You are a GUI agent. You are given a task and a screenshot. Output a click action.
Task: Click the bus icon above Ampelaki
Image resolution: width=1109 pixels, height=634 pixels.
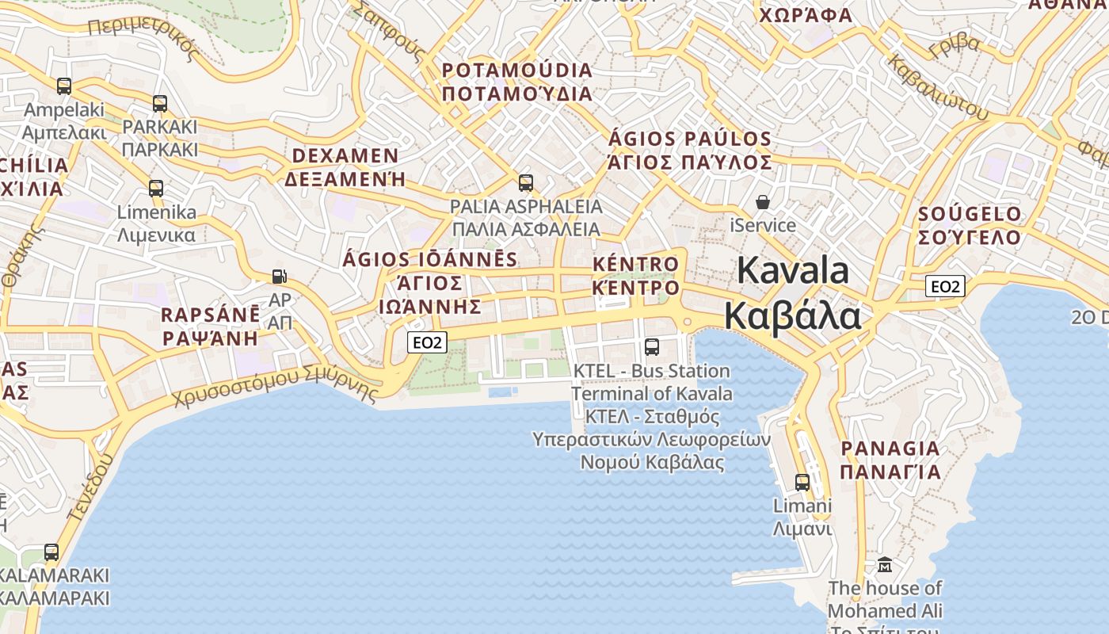(64, 86)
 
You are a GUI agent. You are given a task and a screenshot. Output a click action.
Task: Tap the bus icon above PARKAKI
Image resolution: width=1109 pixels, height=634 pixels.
(160, 104)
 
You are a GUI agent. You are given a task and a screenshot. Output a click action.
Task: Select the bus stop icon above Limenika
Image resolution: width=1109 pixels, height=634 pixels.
(156, 189)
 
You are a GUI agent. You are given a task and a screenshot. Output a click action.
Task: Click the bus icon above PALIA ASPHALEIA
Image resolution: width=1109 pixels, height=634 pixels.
(525, 183)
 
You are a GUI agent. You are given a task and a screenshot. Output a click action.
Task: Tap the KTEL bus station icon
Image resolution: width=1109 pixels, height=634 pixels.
(652, 346)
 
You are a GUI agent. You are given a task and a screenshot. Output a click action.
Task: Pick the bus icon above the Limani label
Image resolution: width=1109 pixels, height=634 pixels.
(802, 482)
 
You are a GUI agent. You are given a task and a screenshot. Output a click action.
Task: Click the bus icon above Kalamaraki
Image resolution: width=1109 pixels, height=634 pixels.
(51, 552)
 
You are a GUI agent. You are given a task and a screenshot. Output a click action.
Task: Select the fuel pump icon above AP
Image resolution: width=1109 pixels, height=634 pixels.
(279, 277)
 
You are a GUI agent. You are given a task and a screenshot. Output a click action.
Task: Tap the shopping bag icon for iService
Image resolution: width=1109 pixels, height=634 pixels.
(762, 202)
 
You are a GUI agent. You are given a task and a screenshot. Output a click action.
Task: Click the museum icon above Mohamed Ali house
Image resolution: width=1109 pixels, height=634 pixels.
(885, 565)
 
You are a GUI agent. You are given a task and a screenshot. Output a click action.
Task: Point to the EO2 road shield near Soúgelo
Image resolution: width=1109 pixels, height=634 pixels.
(945, 286)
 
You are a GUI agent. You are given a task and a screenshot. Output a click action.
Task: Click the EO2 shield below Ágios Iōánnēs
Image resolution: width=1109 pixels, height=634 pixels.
(428, 342)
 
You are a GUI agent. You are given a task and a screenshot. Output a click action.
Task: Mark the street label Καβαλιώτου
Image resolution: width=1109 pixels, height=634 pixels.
(938, 88)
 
